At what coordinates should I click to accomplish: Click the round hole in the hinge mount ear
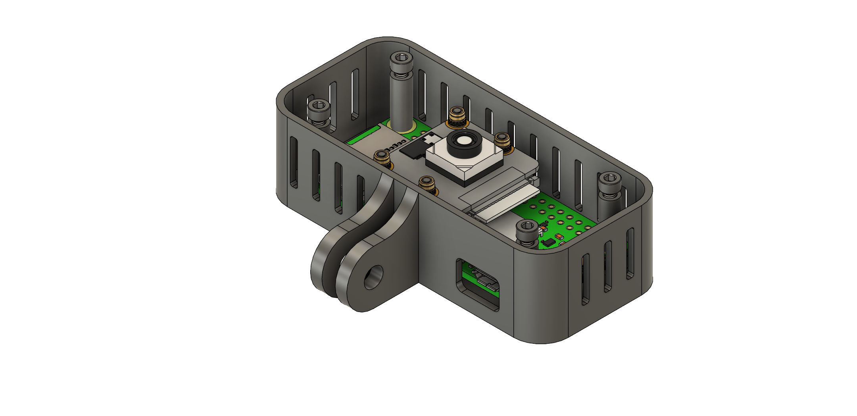click(x=373, y=277)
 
